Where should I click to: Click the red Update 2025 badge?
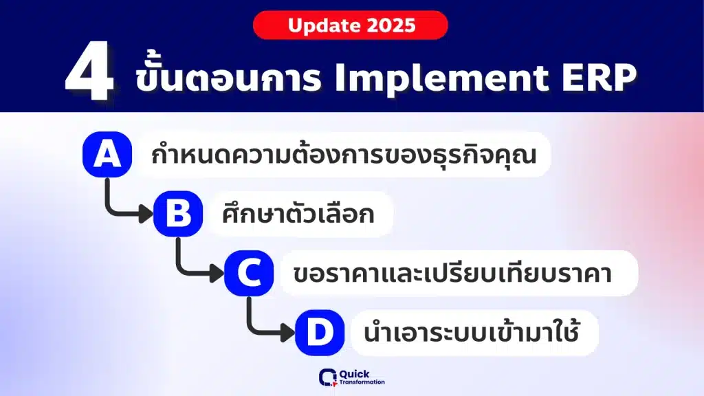(350, 25)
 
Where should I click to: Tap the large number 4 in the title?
(89, 71)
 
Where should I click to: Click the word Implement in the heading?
(441, 78)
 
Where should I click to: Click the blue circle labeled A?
(107, 154)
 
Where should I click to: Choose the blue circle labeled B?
(178, 213)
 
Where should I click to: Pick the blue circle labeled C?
(249, 273)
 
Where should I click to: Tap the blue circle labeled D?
(320, 333)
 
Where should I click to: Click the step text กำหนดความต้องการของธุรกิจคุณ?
(344, 155)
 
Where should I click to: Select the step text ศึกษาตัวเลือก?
(298, 214)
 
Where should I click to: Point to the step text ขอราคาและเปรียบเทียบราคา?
(452, 273)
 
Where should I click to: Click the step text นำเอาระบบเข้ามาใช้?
(472, 331)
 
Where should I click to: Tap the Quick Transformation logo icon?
(328, 377)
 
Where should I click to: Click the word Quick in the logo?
(354, 374)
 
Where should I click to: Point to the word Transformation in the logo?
(362, 382)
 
